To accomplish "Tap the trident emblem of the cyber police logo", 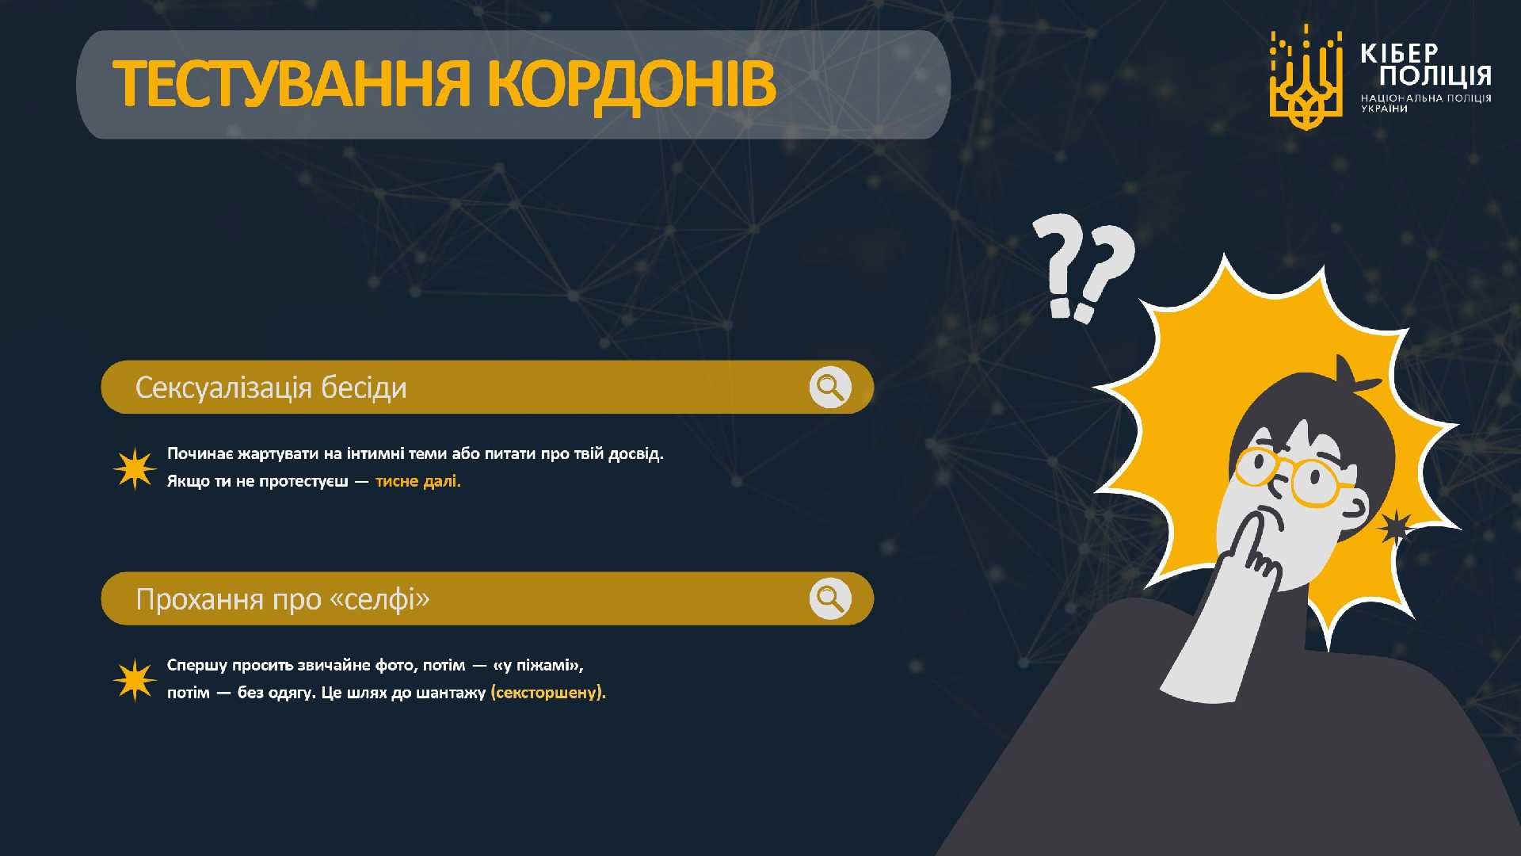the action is (x=1306, y=77).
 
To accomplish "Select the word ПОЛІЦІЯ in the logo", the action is (x=1435, y=76).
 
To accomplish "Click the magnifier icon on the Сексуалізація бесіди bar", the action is (x=830, y=387).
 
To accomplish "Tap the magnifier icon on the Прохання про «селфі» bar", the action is (x=830, y=598).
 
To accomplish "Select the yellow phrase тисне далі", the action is (x=418, y=481).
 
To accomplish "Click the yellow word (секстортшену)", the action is (x=548, y=693).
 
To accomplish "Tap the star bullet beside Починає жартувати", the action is (x=135, y=468).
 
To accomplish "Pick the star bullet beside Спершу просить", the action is (x=135, y=680).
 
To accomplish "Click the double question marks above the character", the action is (x=1083, y=268).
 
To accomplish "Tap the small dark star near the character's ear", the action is (x=1396, y=526).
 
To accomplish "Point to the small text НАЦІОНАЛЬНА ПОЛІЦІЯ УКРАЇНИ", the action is (x=1426, y=103).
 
